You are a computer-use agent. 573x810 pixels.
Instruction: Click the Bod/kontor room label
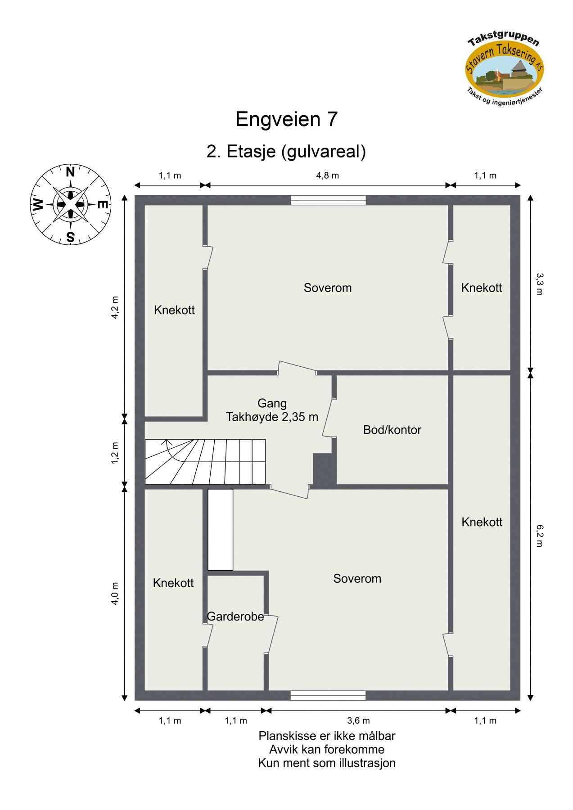point(392,430)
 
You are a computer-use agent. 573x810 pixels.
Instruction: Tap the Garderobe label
point(235,616)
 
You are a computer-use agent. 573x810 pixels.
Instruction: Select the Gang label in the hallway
point(272,403)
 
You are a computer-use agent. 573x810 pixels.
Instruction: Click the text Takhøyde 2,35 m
point(272,417)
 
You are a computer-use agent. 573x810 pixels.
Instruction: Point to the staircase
point(205,461)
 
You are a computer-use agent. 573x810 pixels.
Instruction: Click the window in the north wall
point(328,200)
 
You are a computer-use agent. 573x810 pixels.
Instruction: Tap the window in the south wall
point(328,696)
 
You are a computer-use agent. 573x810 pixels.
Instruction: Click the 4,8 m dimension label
point(327,175)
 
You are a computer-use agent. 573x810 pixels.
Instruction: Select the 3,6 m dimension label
point(359,721)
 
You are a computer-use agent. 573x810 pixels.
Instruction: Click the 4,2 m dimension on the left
point(115,307)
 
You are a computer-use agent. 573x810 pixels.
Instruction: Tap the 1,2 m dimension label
point(115,453)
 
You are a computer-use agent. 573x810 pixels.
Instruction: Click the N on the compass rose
point(70,172)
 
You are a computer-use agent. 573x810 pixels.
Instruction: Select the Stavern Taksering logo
point(504,67)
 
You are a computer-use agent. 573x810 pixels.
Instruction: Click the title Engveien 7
point(286,119)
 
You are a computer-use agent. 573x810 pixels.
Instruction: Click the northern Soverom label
point(327,288)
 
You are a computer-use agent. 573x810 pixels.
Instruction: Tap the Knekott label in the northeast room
point(481,288)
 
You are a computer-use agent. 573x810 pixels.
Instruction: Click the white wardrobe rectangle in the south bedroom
point(220,530)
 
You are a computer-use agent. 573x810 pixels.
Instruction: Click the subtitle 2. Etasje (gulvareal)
point(286,152)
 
